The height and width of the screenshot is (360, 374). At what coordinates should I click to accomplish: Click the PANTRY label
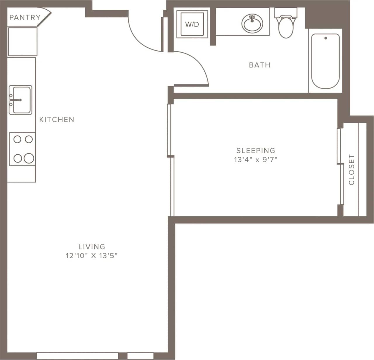25,17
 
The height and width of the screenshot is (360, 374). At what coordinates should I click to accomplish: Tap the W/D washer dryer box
192,24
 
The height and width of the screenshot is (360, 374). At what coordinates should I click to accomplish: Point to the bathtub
325,61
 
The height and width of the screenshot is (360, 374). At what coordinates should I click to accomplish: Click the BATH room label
259,65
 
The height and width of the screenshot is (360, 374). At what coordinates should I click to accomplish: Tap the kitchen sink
20,100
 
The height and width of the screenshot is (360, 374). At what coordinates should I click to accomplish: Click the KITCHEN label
57,119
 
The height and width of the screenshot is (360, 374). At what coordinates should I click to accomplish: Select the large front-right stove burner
29,158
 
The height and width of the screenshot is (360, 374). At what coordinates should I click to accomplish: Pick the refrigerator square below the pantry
22,42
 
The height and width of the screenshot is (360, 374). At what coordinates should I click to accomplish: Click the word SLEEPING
256,150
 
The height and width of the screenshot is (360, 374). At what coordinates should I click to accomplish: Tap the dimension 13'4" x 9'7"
255,160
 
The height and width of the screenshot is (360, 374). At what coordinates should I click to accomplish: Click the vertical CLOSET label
352,170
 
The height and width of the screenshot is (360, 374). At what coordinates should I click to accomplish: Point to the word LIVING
92,246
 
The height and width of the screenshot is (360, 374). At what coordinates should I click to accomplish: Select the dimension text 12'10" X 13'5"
91,256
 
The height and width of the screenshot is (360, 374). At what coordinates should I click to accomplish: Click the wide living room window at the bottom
77,356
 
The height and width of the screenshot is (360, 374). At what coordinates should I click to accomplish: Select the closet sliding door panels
340,167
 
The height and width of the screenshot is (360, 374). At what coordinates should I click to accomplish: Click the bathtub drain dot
325,38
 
